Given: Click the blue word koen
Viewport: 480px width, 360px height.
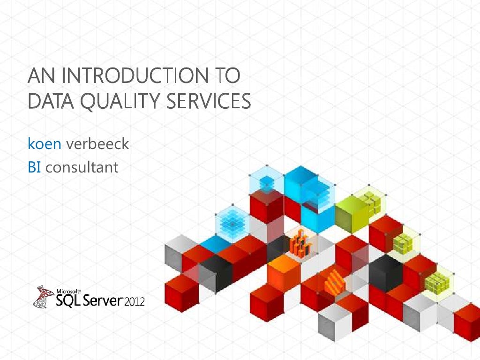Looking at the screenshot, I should pyautogui.click(x=45, y=144).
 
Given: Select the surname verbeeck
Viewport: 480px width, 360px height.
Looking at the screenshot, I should pyautogui.click(x=97, y=144).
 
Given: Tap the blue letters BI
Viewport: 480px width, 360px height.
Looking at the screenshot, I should pyautogui.click(x=34, y=167).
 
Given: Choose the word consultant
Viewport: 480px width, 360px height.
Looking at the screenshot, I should pyautogui.click(x=82, y=167).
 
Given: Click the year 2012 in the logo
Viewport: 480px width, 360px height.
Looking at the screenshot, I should pyautogui.click(x=135, y=300).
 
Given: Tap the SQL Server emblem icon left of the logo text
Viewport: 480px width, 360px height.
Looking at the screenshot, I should pyautogui.click(x=44, y=296).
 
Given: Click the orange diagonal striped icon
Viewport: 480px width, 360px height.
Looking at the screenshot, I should pyautogui.click(x=334, y=283).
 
